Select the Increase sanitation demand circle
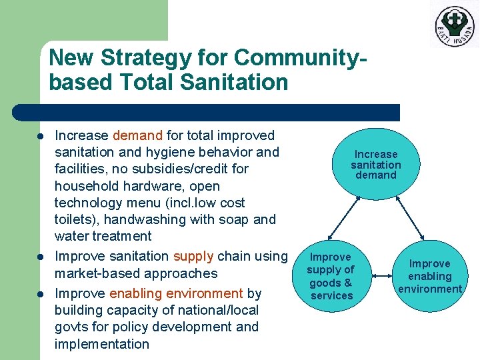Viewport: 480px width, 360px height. (375, 164)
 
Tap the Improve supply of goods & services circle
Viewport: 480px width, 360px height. (331, 276)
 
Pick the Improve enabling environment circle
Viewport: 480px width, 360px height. (430, 276)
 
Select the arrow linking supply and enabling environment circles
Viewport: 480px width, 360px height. (381, 275)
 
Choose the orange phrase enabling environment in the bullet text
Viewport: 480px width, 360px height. (176, 293)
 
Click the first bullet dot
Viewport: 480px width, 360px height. (40, 136)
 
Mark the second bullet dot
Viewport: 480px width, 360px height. (40, 257)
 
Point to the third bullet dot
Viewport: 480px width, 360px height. (40, 294)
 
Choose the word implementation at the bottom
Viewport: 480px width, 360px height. (102, 344)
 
